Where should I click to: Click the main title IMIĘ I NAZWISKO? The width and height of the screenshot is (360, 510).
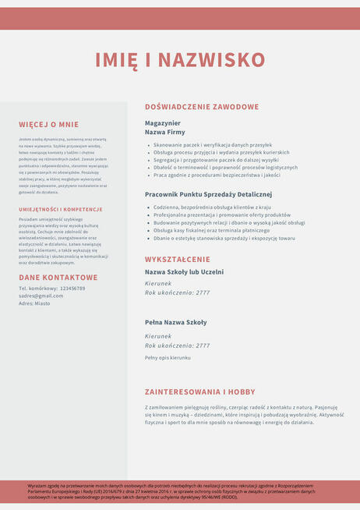[x=180, y=60]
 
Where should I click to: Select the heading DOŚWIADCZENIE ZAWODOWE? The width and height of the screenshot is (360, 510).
[x=201, y=106]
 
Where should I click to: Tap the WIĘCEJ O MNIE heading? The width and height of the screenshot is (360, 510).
[x=49, y=124]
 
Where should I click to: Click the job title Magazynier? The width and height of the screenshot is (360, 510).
[x=163, y=123]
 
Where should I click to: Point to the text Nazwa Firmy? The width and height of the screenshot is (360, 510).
[x=164, y=133]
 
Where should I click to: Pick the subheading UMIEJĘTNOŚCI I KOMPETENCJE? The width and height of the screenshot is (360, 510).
[x=61, y=209]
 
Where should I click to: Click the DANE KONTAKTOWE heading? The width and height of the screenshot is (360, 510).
[x=58, y=277]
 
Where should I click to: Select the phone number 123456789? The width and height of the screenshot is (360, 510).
[x=72, y=289]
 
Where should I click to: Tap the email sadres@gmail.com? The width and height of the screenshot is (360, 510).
[x=41, y=296]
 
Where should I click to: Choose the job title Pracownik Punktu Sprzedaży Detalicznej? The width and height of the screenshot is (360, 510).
[x=208, y=194]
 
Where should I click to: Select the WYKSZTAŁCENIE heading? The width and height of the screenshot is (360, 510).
[x=178, y=259]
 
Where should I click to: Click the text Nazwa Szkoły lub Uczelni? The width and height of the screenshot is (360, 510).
[x=184, y=272]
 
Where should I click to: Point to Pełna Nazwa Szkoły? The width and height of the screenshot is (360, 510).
[x=176, y=322]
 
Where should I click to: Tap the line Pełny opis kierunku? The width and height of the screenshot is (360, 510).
[x=168, y=357]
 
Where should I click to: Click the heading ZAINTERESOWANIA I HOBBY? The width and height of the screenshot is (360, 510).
[x=199, y=391]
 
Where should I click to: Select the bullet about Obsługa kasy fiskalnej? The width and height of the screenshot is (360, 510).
[x=211, y=231]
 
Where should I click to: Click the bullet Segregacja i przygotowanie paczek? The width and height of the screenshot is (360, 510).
[x=215, y=160]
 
